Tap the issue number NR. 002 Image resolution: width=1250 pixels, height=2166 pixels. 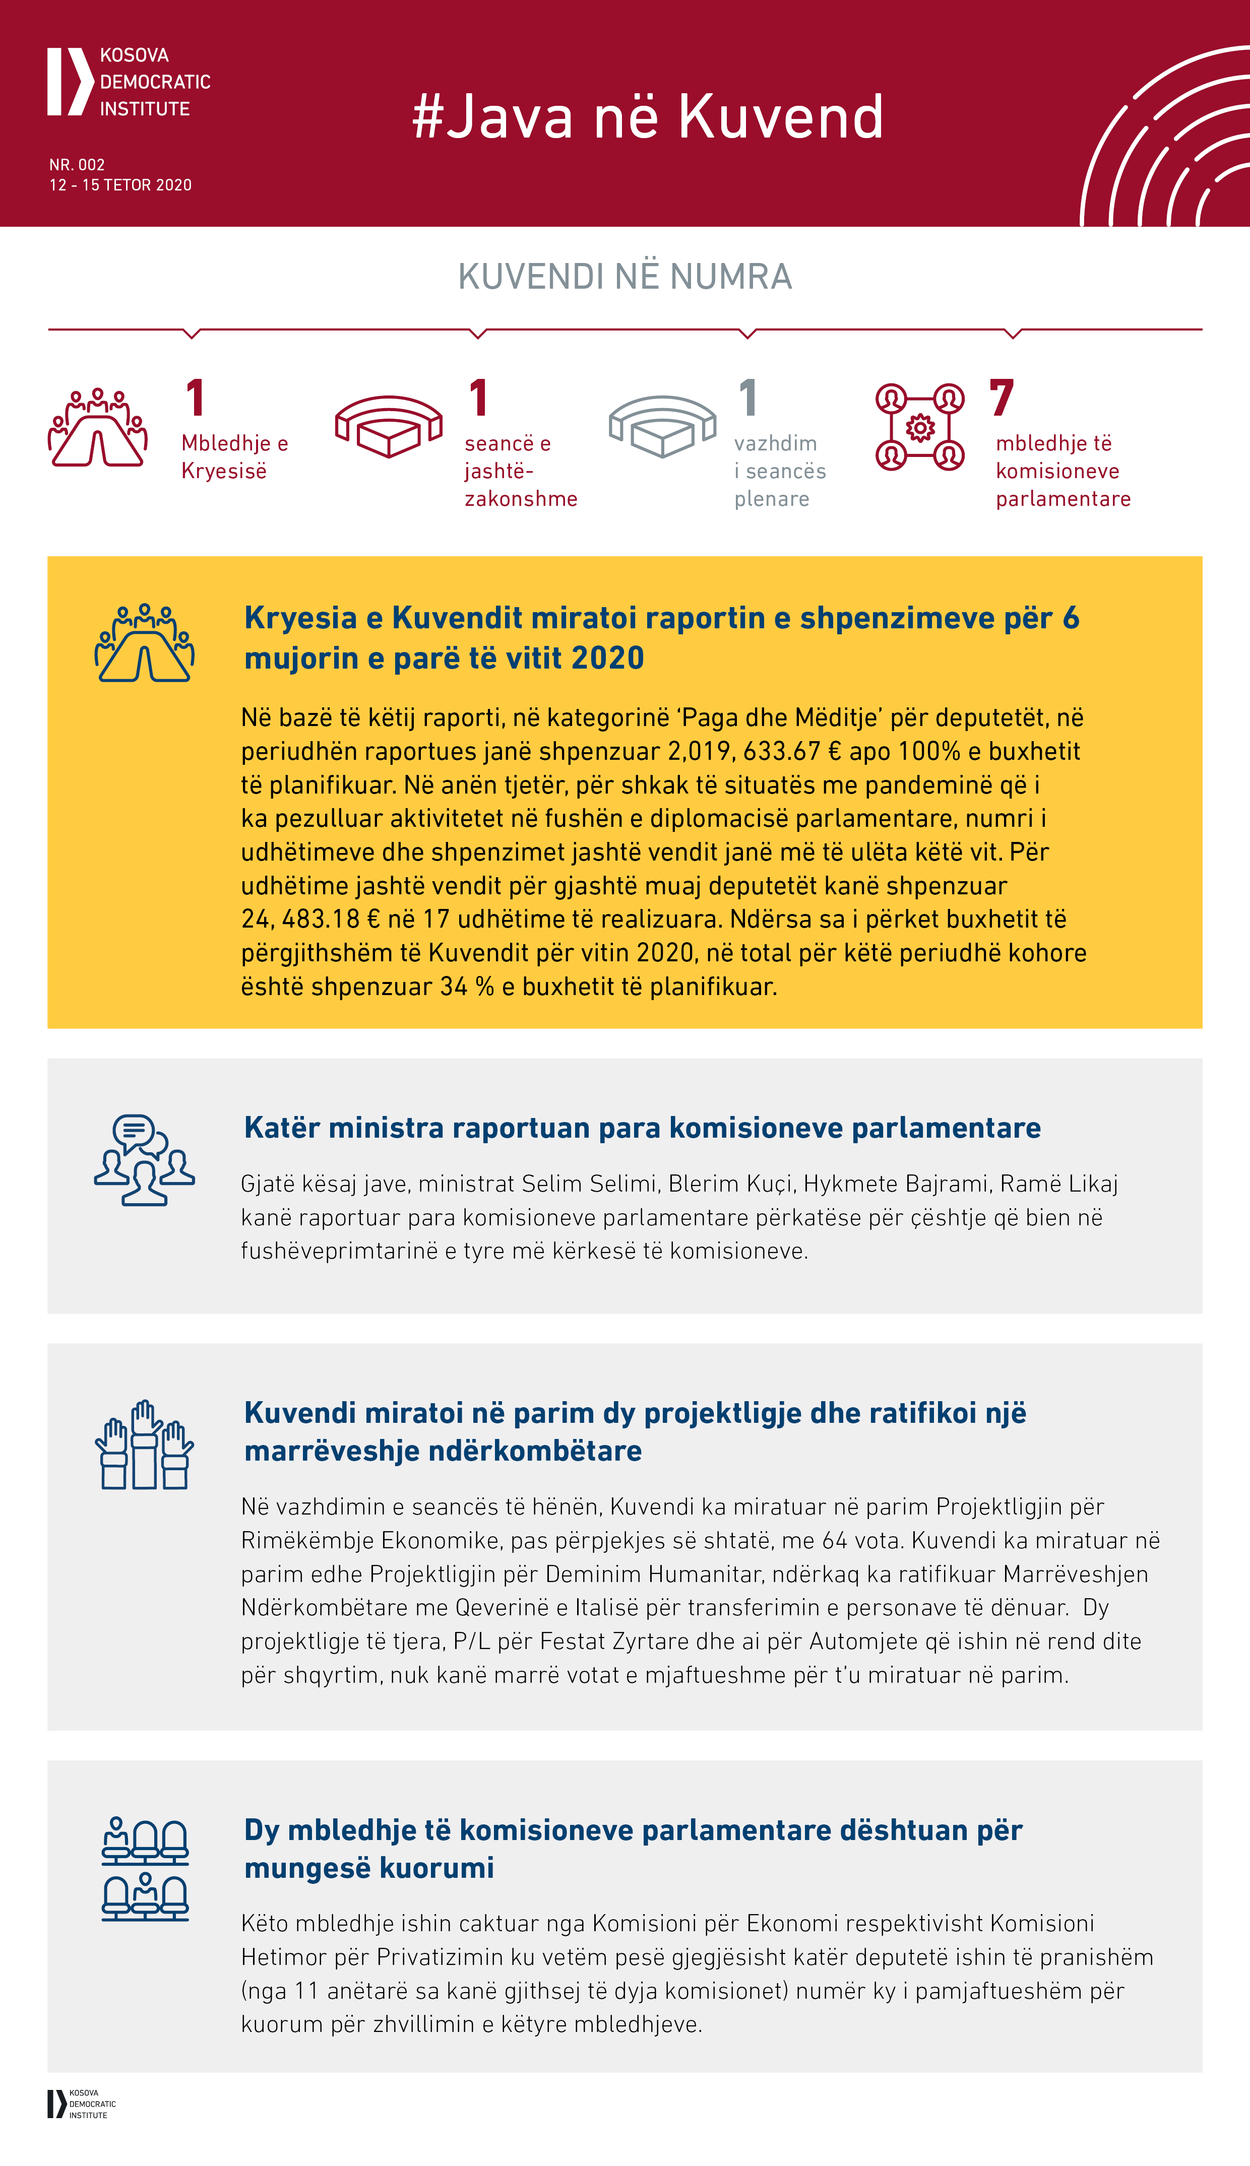click(x=77, y=165)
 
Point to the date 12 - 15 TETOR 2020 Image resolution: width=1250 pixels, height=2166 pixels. click(x=120, y=185)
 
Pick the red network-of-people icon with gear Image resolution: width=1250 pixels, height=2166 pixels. click(x=919, y=427)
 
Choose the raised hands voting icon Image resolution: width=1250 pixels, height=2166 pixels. click(x=144, y=1445)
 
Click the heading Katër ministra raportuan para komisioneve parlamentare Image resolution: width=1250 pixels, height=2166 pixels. click(x=642, y=1128)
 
